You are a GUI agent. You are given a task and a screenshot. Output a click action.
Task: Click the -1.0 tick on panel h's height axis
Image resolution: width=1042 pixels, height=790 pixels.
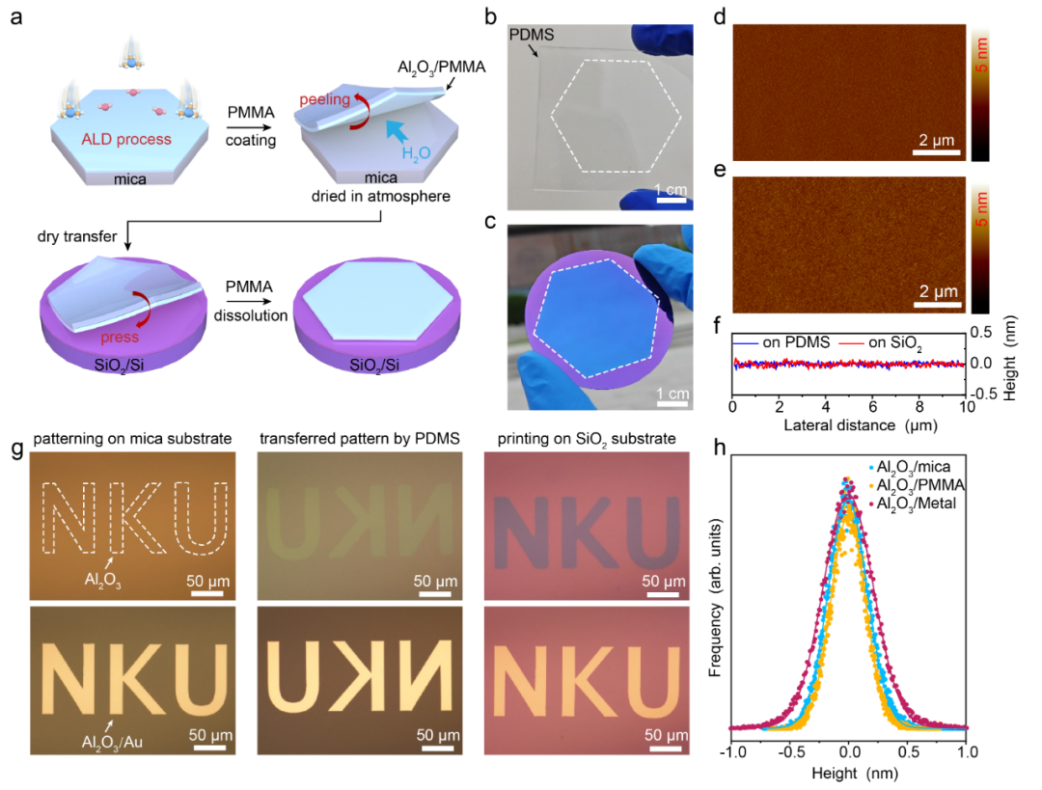tap(733, 750)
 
